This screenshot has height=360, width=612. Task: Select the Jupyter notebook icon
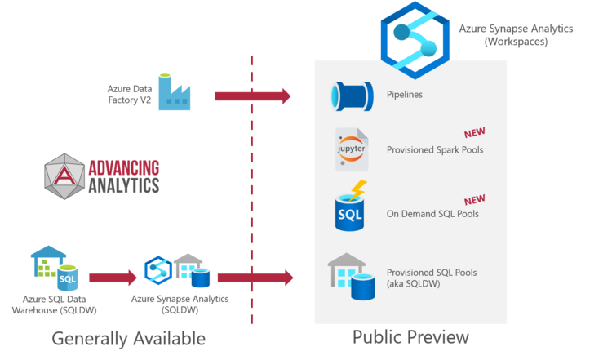pyautogui.click(x=352, y=149)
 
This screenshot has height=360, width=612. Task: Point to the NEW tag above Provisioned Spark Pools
pyautogui.click(x=475, y=133)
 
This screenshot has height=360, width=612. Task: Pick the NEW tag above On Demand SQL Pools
pyautogui.click(x=475, y=200)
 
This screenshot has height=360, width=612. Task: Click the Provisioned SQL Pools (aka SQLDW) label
pyautogui.click(x=431, y=278)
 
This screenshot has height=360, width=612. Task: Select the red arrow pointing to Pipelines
pyautogui.click(x=252, y=96)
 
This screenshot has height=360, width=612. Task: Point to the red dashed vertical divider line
pyautogui.click(x=251, y=188)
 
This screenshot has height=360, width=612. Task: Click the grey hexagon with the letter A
pyautogui.click(x=64, y=176)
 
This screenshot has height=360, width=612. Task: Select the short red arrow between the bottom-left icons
pyautogui.click(x=113, y=278)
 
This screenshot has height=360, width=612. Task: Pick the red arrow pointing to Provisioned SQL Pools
pyautogui.click(x=255, y=278)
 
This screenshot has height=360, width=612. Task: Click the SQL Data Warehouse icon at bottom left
pyautogui.click(x=55, y=267)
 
